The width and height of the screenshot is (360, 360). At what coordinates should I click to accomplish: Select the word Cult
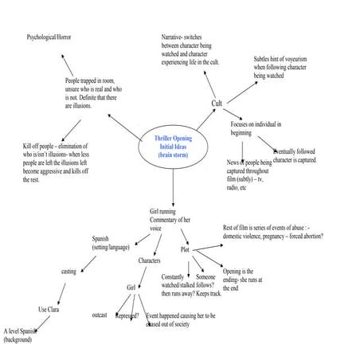point(216,104)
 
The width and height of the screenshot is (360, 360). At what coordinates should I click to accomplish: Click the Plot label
point(184,249)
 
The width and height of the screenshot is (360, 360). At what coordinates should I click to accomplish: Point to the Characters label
point(150,260)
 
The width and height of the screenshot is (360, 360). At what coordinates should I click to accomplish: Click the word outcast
point(100,315)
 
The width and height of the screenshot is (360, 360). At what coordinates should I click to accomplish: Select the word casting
point(69,272)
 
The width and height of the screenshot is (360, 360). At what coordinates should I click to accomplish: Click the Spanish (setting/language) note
point(111,243)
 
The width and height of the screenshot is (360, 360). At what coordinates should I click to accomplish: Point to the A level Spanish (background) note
point(21,335)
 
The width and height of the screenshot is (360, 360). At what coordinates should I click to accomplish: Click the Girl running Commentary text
point(170,220)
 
